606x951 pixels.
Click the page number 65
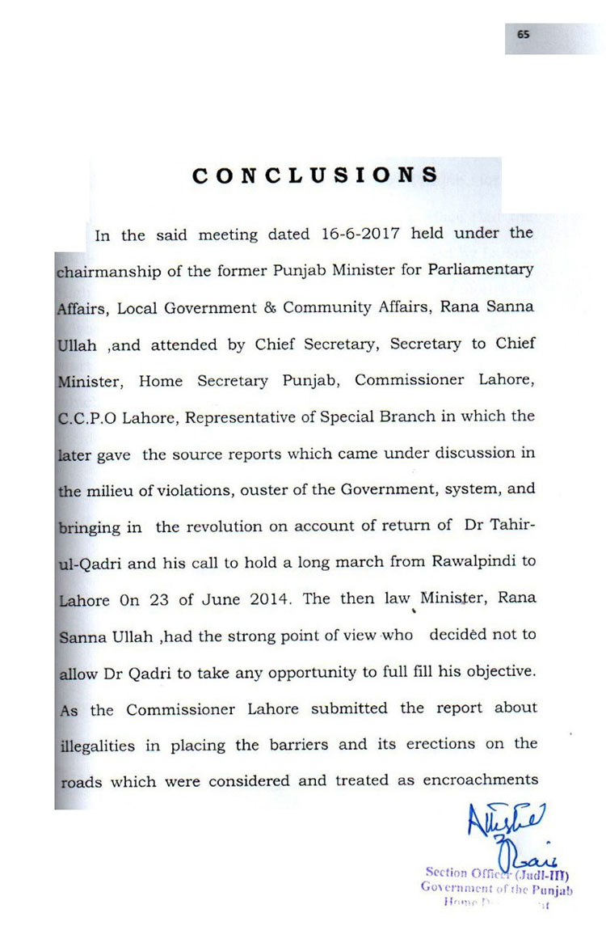(x=524, y=34)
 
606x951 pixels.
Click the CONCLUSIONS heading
(x=315, y=175)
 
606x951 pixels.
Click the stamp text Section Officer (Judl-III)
(x=499, y=873)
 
